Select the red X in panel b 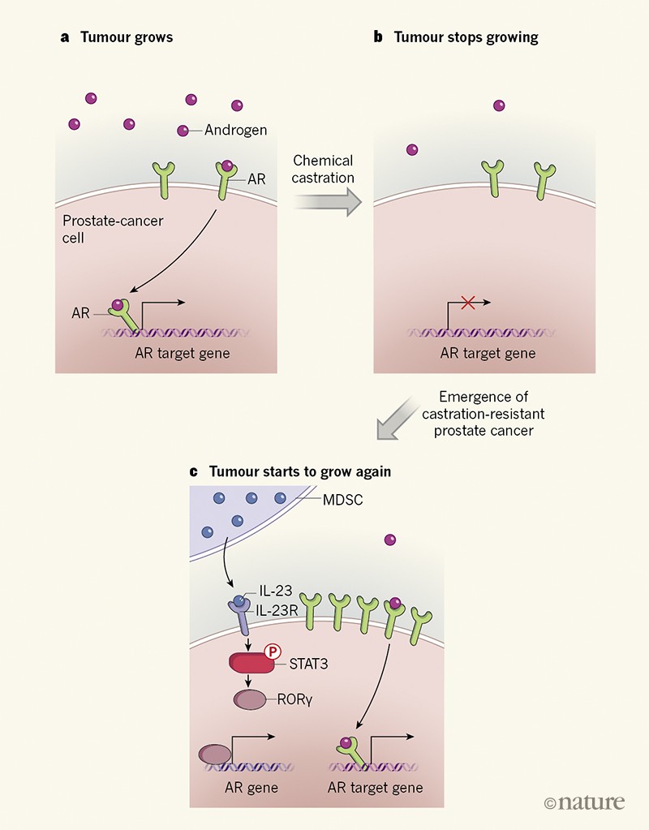coord(467,303)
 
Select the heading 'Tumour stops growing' coord(466,37)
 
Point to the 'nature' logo coord(584,802)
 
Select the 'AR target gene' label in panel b coord(488,354)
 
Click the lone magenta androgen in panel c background coord(390,540)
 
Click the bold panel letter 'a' coord(64,37)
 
